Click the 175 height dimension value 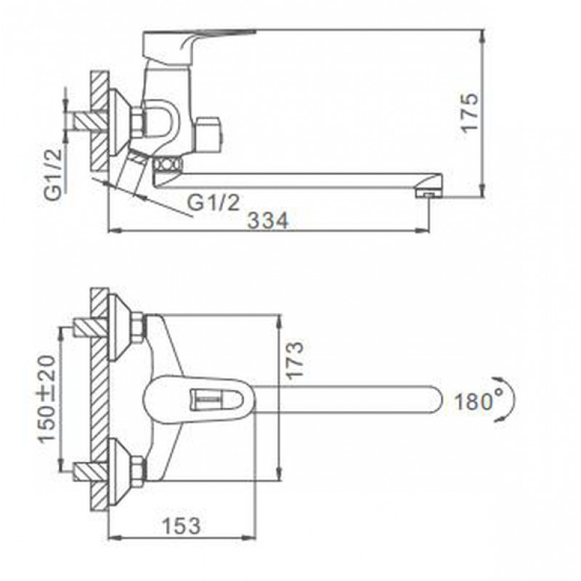tap(469, 113)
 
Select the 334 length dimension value tap(267, 221)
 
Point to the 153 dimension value tap(182, 525)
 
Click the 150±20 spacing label tap(47, 399)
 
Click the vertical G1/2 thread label tap(54, 174)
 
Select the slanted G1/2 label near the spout tap(214, 203)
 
